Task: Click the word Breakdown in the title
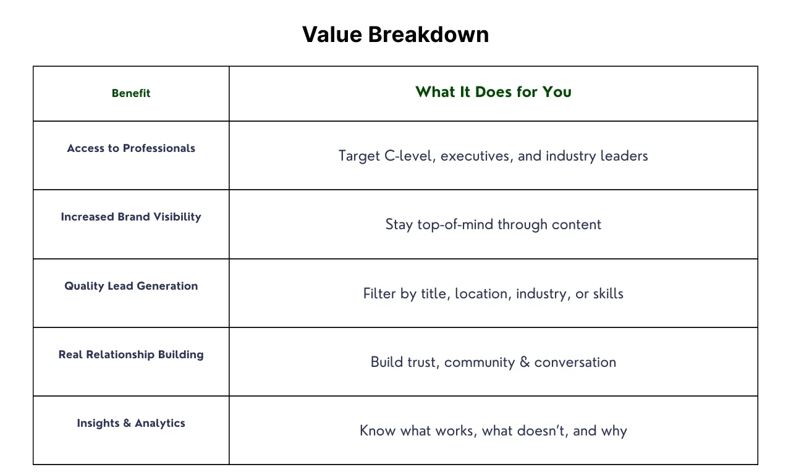(428, 35)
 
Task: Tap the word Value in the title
(332, 35)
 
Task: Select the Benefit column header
(131, 93)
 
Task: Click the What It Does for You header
(493, 92)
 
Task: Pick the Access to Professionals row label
(131, 148)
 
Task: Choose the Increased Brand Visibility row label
(131, 217)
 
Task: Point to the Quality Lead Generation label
(131, 286)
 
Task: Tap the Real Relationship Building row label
(131, 355)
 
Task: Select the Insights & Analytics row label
(131, 422)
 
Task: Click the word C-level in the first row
(410, 156)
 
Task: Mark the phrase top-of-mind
(455, 224)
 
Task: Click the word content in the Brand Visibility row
(577, 224)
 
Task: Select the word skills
(608, 293)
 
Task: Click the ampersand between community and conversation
(525, 362)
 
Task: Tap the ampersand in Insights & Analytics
(127, 422)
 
